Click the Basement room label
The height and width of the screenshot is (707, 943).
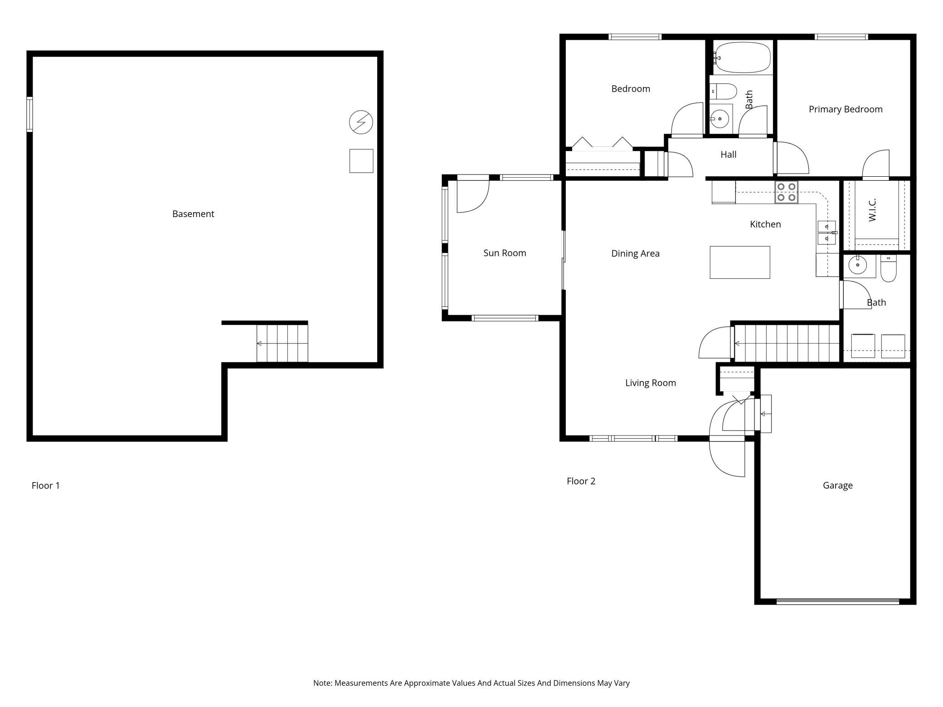click(193, 214)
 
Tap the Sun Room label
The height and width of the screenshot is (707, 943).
click(505, 253)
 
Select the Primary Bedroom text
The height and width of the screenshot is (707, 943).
click(846, 109)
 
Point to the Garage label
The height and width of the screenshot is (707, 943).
click(838, 485)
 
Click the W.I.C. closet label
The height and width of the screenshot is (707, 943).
click(872, 210)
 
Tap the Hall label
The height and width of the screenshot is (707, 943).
click(729, 155)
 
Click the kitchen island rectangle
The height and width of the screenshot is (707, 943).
click(740, 262)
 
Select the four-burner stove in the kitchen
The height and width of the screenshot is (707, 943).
click(786, 192)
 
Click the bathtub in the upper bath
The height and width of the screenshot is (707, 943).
click(742, 58)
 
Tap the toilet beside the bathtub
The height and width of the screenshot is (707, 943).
click(723, 92)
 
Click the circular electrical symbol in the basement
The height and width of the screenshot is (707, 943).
click(361, 122)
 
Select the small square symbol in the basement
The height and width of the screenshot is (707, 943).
click(361, 161)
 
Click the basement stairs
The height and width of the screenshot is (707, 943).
click(282, 344)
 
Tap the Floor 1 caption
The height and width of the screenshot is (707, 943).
click(46, 486)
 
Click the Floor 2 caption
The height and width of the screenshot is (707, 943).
click(581, 481)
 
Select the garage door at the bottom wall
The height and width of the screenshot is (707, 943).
click(837, 602)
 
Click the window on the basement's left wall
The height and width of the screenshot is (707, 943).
click(29, 114)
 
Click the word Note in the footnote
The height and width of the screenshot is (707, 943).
click(322, 683)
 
